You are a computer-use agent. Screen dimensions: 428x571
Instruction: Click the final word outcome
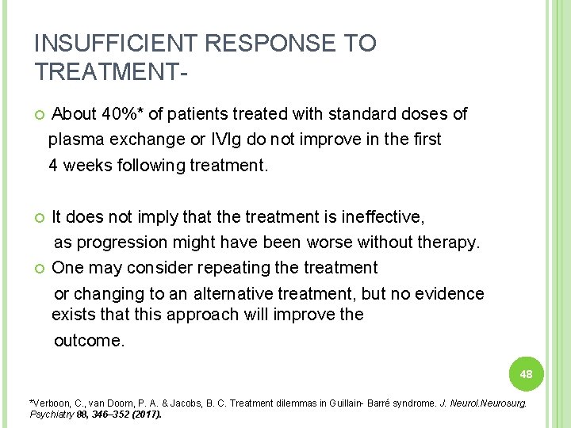[x=89, y=342]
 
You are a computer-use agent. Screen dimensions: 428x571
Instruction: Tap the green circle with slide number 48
[x=526, y=373]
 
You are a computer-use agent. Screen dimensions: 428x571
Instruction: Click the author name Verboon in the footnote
[x=49, y=403]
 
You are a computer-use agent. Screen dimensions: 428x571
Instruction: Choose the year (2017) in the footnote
[x=147, y=414]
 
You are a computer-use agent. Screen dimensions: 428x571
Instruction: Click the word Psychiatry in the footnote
[x=48, y=414]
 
